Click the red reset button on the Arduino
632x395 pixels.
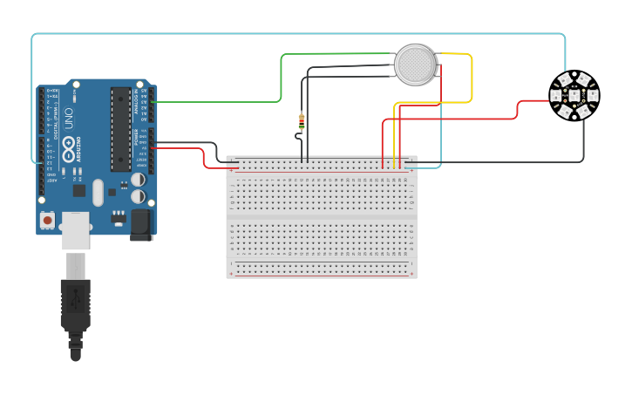pos(47,220)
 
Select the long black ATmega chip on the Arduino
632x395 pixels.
pos(120,128)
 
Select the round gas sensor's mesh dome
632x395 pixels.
pos(415,65)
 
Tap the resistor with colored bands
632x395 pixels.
pos(302,120)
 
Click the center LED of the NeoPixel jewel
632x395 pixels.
pos(574,94)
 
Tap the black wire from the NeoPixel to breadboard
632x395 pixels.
pos(583,144)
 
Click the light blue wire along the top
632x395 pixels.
pos(296,34)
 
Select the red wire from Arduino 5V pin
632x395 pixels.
pos(204,158)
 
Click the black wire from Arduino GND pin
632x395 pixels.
pos(214,150)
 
